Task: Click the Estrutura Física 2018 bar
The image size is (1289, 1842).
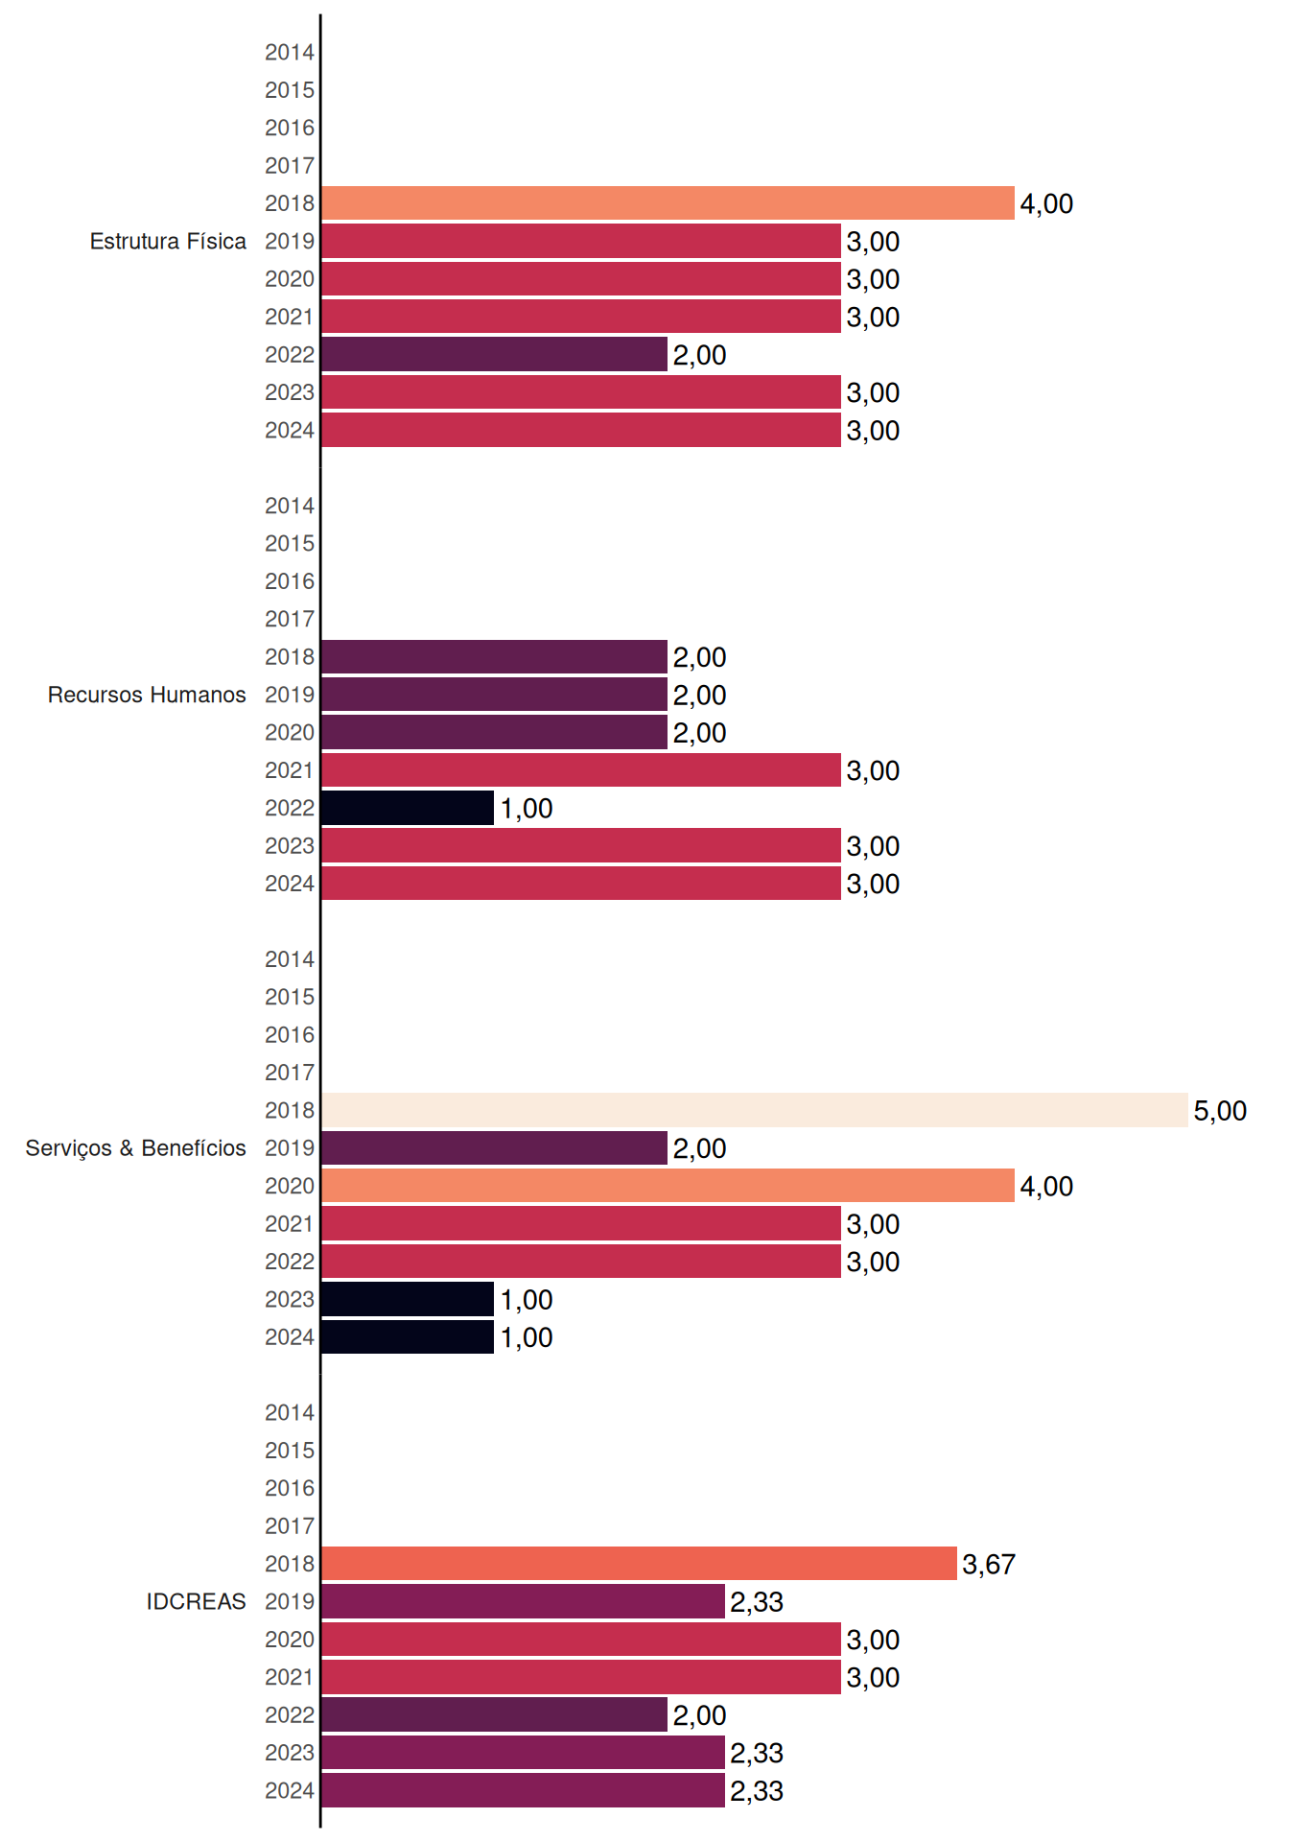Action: (668, 203)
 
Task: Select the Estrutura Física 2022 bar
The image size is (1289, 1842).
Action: (494, 354)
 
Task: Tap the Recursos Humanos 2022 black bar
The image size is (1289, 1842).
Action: (408, 808)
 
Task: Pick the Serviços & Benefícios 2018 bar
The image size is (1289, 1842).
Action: (755, 1110)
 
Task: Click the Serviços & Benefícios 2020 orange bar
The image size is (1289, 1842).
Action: (668, 1186)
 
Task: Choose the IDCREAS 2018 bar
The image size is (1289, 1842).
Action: (639, 1564)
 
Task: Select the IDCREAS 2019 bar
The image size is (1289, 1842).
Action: (523, 1601)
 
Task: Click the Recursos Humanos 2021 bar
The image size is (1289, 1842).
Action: (581, 770)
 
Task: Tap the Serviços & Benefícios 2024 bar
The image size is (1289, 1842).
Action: (408, 1337)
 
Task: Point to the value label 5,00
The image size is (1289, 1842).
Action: (1220, 1111)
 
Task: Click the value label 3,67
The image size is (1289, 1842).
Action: (989, 1565)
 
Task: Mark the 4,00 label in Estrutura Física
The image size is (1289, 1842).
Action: (1046, 204)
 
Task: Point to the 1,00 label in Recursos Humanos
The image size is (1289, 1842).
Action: (527, 809)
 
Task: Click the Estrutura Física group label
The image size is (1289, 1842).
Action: (168, 241)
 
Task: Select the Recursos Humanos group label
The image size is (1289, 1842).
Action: (147, 695)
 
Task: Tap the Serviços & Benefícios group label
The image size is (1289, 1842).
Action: (135, 1148)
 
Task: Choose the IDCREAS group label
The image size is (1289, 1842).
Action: (196, 1601)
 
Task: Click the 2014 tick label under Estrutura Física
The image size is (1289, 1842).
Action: (290, 53)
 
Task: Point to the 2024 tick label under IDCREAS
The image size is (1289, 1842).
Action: (290, 1791)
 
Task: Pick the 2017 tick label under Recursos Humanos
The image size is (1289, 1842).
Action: (290, 620)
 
